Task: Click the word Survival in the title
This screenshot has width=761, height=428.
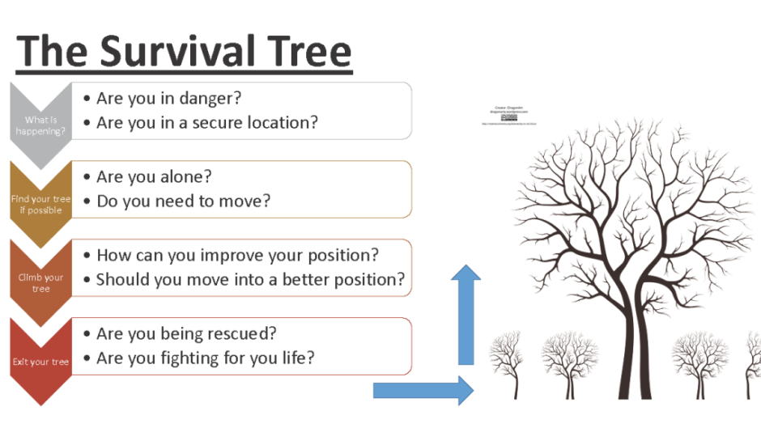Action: coord(189,51)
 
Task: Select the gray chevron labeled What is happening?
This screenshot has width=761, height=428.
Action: coord(40,124)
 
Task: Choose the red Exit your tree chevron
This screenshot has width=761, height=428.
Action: coord(40,361)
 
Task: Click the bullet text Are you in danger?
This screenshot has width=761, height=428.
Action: coord(169,98)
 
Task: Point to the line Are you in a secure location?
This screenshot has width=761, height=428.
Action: coord(207,123)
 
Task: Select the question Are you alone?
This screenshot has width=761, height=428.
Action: coord(154,176)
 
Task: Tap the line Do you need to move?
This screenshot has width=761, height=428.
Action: coord(183,201)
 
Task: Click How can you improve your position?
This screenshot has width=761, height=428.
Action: coord(237,255)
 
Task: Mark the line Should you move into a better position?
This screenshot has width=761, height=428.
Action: coord(250,280)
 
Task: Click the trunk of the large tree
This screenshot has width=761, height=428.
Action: coord(627,356)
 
